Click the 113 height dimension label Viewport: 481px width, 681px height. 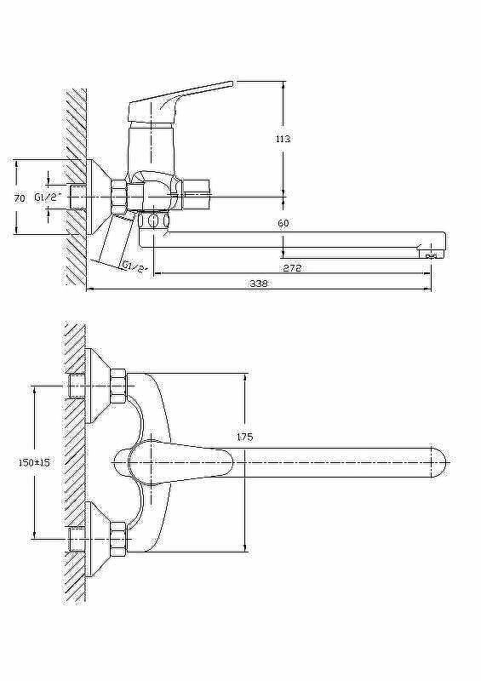coord(283,139)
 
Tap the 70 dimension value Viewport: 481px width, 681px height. coord(19,198)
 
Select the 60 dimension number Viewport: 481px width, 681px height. coord(283,223)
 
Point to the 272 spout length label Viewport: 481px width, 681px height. coord(292,268)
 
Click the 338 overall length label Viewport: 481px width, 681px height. coord(259,283)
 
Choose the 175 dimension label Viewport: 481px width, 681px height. coord(245,438)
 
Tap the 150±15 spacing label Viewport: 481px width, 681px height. coord(34,463)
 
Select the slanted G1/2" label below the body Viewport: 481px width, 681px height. coord(134,266)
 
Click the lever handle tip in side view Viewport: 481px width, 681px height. coord(231,83)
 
